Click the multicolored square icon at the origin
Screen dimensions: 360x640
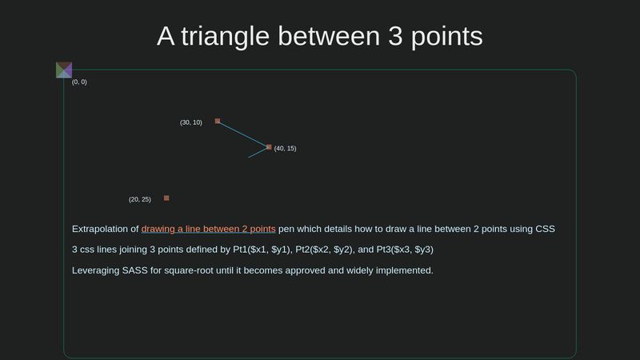(x=64, y=70)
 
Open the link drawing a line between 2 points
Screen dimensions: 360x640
(x=208, y=229)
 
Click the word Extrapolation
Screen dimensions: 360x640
(x=105, y=229)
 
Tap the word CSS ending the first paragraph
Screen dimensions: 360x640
(x=544, y=229)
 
